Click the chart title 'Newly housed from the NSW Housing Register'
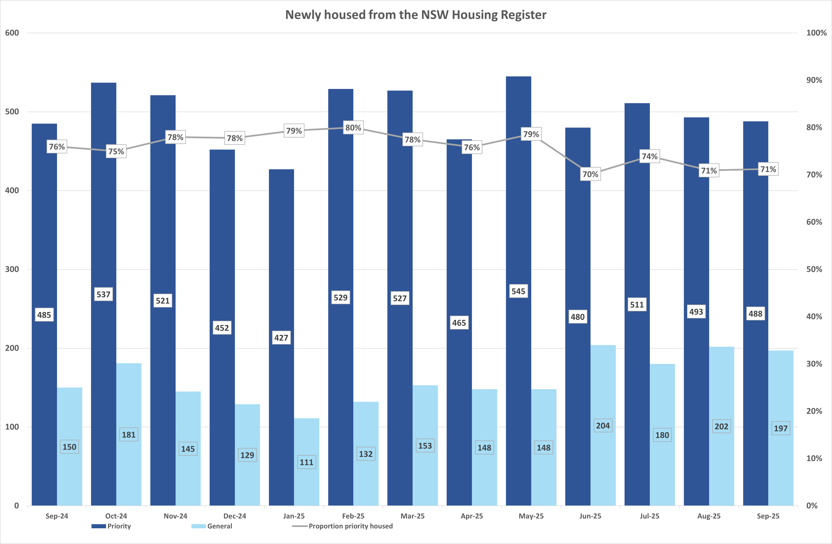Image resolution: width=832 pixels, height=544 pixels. (x=416, y=15)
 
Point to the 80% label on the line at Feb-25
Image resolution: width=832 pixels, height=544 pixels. (x=353, y=128)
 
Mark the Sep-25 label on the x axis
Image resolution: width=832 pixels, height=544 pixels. (x=768, y=516)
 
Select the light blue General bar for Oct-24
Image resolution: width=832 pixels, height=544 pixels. (x=129, y=472)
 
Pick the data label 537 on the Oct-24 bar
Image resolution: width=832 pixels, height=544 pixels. (x=103, y=294)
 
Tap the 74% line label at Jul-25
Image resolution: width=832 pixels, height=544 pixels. (x=649, y=156)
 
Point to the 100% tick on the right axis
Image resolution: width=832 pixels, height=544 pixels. (x=816, y=33)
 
